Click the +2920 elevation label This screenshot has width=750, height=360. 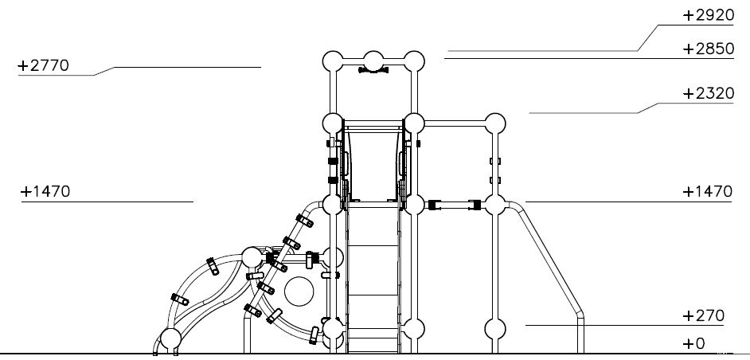click(x=708, y=15)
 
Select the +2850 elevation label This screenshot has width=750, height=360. click(x=708, y=49)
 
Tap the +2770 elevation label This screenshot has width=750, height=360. click(x=44, y=65)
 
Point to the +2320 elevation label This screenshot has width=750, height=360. click(x=708, y=93)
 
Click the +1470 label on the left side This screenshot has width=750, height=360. click(x=45, y=191)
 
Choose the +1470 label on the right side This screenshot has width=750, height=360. click(x=707, y=191)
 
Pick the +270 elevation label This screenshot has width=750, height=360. click(x=704, y=316)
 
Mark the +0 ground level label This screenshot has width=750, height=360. click(x=694, y=344)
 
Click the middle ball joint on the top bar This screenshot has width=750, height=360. click(x=373, y=61)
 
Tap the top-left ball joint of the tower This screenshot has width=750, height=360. click(x=333, y=61)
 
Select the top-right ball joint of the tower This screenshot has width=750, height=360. click(x=414, y=61)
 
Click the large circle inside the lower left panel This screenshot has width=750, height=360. click(x=299, y=291)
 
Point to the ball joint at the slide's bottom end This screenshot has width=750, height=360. click(x=170, y=339)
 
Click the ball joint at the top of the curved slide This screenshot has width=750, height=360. click(x=252, y=257)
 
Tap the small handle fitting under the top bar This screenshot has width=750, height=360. click(x=373, y=70)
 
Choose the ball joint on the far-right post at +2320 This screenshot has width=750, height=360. click(x=495, y=123)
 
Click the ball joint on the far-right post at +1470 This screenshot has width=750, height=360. click(x=495, y=205)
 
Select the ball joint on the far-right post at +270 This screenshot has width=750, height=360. click(x=495, y=329)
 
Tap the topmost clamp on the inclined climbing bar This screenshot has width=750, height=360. click(x=305, y=221)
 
